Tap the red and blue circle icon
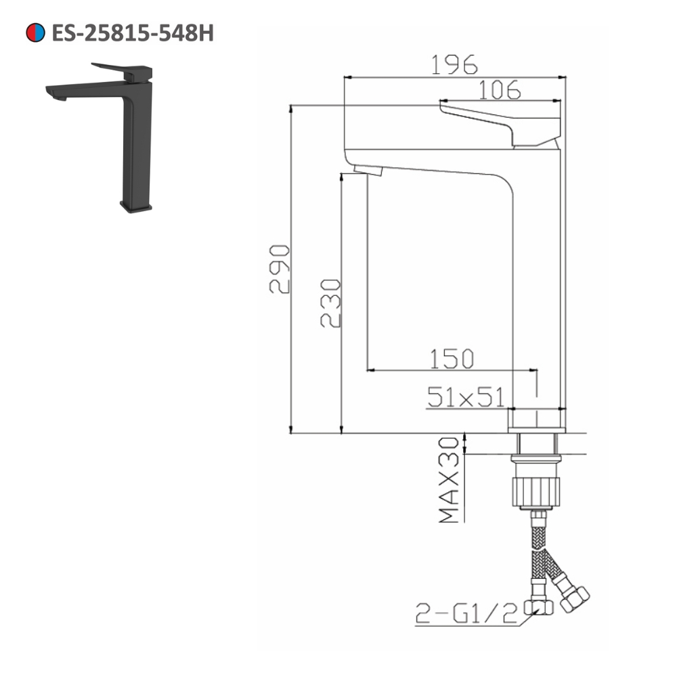coord(35,32)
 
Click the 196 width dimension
coord(454,64)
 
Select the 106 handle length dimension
coord(499,89)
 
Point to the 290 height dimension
coord(280,269)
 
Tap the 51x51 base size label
coord(465,397)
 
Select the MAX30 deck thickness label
coord(449,480)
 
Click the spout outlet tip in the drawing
coord(368,170)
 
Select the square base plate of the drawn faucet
coord(537,420)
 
